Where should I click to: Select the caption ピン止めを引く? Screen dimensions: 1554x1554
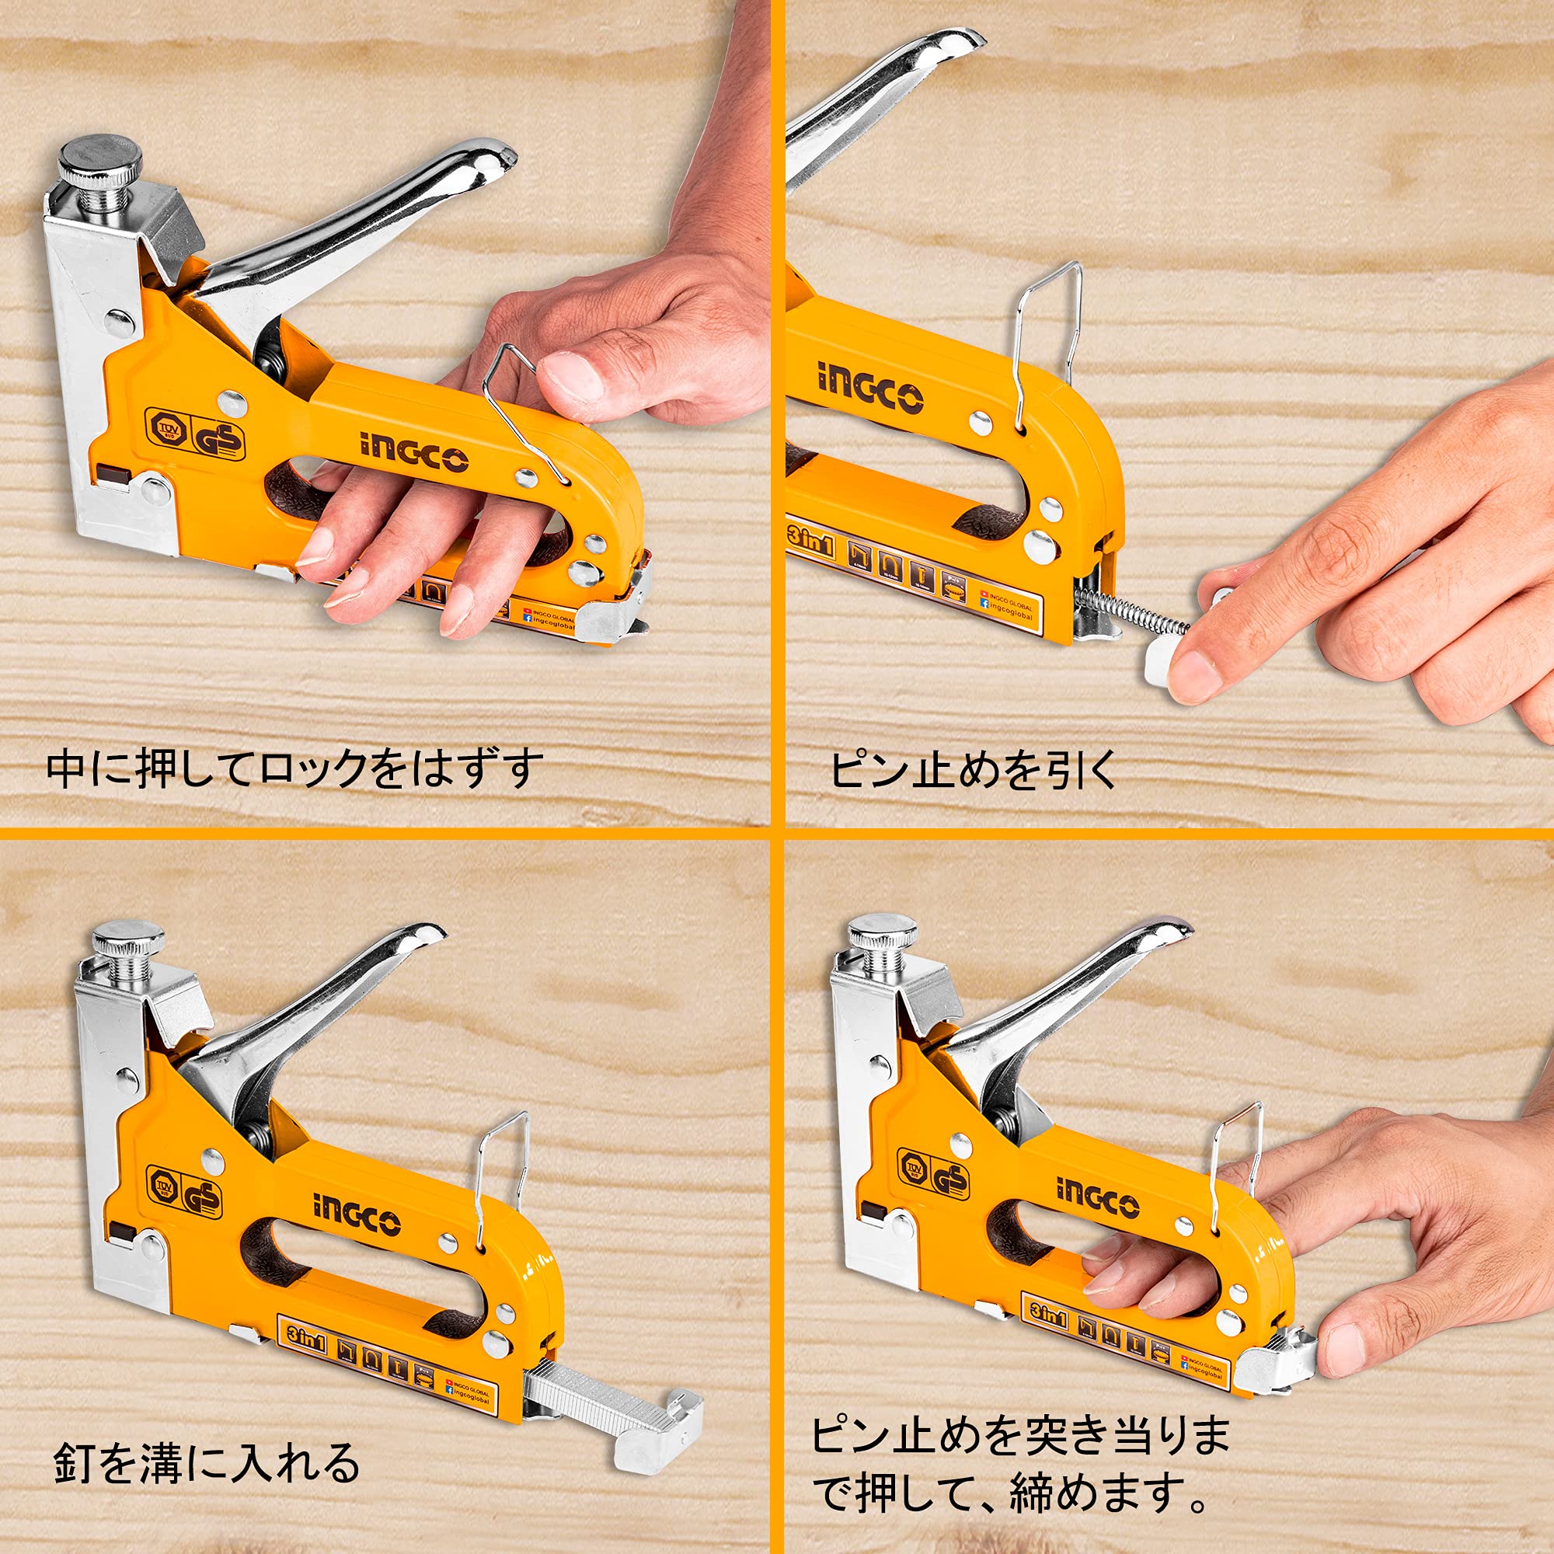click(974, 770)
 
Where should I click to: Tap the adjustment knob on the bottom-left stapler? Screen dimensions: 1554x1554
click(129, 939)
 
